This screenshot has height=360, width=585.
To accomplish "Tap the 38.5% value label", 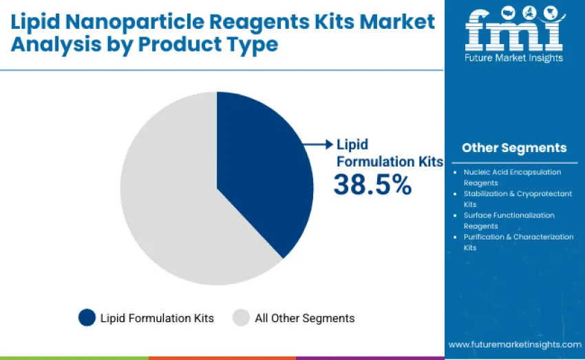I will click(372, 184).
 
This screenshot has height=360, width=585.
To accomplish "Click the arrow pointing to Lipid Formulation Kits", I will click(318, 144).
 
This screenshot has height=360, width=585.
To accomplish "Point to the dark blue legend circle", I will click(87, 317).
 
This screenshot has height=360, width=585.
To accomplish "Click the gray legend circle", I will click(241, 317).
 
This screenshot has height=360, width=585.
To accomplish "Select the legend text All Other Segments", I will click(304, 318).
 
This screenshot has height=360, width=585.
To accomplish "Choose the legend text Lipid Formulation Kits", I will click(157, 318).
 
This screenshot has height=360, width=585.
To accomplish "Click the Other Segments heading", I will click(514, 148).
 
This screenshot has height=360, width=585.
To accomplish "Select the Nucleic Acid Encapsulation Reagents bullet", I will click(512, 178).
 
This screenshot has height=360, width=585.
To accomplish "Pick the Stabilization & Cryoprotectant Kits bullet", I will click(517, 199).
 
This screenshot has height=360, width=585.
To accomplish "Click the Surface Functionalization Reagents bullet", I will click(509, 220).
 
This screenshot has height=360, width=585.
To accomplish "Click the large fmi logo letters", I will click(514, 31).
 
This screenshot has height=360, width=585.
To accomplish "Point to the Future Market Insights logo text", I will click(514, 59).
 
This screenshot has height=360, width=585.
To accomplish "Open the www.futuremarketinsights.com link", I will click(514, 344).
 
